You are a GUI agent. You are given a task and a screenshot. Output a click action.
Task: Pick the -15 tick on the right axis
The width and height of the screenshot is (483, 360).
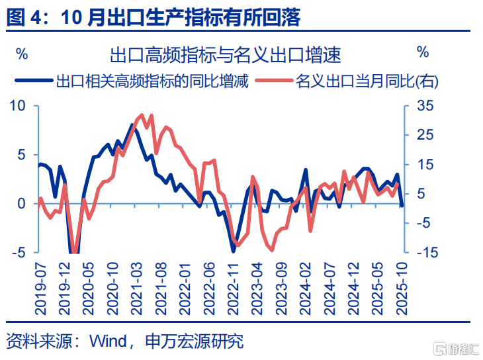pos(426,252)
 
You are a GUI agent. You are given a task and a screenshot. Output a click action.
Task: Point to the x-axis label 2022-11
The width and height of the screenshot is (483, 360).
pos(233,285)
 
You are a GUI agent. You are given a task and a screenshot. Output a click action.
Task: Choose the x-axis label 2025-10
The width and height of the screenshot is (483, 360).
pos(401,285)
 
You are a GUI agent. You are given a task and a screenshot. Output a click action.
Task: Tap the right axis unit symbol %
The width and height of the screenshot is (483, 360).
pos(423,53)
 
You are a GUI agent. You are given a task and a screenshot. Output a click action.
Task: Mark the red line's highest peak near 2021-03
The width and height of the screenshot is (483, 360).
pos(142,114)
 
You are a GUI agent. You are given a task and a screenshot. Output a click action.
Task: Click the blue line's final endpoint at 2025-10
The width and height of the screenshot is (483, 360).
pos(401,206)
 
